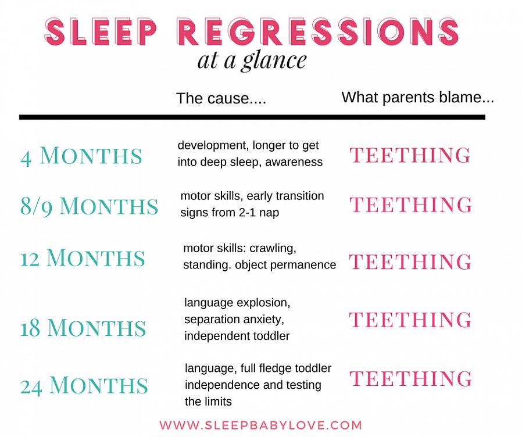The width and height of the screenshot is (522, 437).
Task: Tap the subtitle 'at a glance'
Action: [252, 60]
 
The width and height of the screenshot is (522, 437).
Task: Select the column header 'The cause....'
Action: [221, 98]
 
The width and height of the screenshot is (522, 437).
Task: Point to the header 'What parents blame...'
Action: [417, 97]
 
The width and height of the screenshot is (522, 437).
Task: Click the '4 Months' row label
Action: [81, 156]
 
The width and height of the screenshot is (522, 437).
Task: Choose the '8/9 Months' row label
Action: [89, 206]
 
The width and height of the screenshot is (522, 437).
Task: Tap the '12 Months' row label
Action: [83, 258]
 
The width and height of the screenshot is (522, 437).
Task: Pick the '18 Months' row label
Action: [83, 328]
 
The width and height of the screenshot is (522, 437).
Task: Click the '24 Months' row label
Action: [84, 385]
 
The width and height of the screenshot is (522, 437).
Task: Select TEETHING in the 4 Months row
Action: [410, 155]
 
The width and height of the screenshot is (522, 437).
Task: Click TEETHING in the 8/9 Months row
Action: [410, 205]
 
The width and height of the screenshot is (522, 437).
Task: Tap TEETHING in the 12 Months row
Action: [410, 262]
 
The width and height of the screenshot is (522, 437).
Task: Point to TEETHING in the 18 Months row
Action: [410, 320]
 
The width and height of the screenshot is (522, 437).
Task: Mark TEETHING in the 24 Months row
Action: [411, 378]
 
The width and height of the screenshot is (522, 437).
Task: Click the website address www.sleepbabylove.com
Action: [260, 425]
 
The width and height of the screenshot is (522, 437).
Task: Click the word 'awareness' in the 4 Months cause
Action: [294, 162]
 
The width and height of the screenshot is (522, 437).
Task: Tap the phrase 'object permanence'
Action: [285, 265]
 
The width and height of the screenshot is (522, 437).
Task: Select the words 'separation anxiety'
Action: [234, 320]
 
